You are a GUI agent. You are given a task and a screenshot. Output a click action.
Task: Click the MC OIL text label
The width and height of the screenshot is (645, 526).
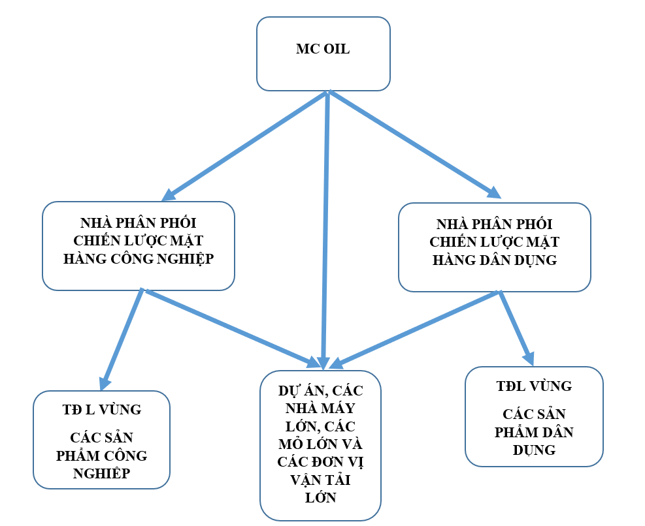point(322,50)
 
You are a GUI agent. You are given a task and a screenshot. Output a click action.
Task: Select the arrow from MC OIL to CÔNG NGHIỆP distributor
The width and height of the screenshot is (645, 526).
point(245,145)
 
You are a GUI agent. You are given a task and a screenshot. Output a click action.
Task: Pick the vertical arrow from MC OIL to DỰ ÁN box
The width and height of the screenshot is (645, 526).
point(325,228)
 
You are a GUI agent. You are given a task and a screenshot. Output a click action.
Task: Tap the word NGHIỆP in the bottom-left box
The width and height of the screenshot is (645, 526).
point(101,472)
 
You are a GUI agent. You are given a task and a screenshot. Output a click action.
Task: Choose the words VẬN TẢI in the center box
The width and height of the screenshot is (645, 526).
point(320,480)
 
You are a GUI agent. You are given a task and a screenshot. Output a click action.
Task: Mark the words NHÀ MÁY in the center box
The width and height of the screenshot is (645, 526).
point(320,409)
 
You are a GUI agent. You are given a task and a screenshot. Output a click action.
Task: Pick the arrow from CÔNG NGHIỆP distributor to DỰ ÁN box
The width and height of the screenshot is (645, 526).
point(229,326)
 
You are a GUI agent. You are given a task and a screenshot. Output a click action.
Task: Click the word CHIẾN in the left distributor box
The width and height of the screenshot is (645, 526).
point(99,240)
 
